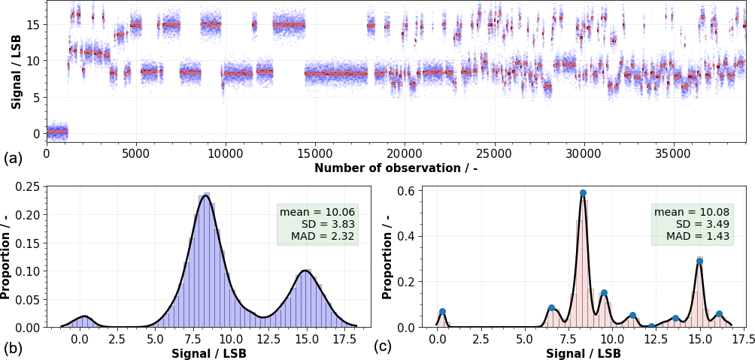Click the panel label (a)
tap(11, 159)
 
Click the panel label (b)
tap(11, 347)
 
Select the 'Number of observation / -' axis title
tap(396, 168)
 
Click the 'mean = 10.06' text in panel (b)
tap(317, 212)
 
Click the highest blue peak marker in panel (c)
tap(583, 193)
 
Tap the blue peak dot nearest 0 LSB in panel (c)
tap(442, 311)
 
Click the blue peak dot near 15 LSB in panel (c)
tap(699, 262)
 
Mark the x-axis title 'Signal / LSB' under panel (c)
tap(584, 352)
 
